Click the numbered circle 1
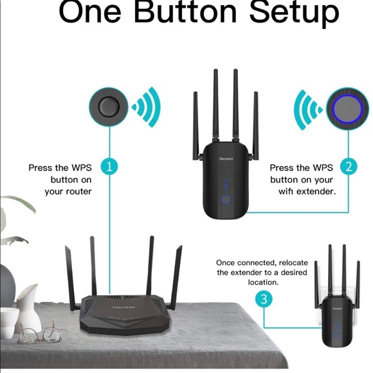[110, 167]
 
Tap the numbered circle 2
[349, 167]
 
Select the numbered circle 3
[262, 299]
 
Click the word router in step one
[77, 191]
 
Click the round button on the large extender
[225, 200]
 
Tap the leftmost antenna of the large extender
[195, 125]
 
